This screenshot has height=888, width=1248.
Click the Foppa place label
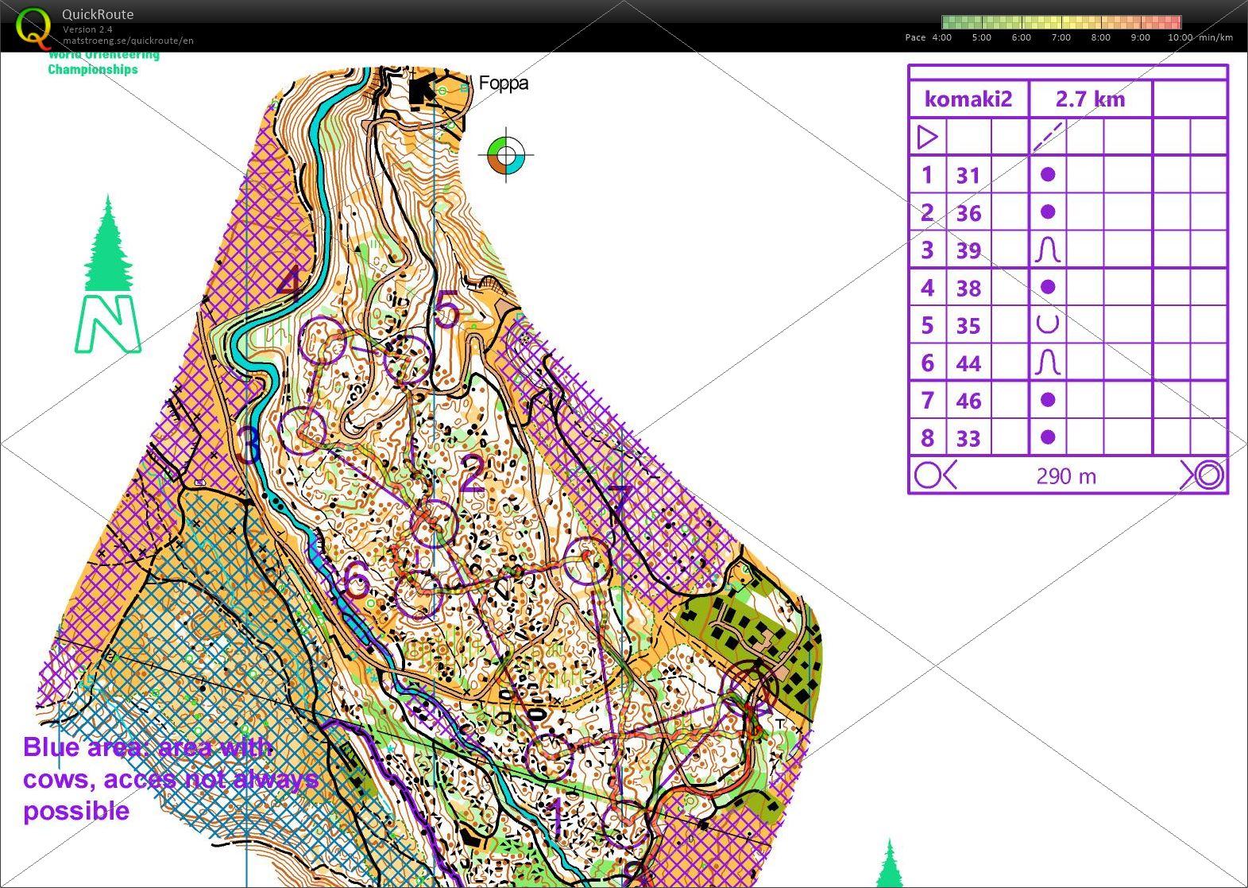click(x=503, y=83)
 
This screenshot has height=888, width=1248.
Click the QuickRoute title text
click(x=98, y=14)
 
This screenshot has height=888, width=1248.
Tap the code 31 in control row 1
click(x=968, y=175)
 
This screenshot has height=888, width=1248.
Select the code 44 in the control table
click(x=968, y=363)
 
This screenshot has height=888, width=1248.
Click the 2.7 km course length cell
click(x=1090, y=99)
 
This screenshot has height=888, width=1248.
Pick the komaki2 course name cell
click(x=968, y=99)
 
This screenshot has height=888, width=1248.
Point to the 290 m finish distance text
click(x=1066, y=476)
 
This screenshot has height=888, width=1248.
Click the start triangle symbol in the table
click(x=927, y=138)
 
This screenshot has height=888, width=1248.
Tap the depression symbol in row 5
click(x=1048, y=324)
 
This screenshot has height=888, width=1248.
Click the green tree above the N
click(x=108, y=246)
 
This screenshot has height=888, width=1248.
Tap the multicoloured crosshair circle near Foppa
click(x=507, y=155)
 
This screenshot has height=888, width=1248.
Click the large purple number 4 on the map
click(x=292, y=284)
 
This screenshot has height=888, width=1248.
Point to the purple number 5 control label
click(x=446, y=309)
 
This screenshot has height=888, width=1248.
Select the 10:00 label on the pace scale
click(x=1180, y=37)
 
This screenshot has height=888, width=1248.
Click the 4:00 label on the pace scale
click(x=941, y=37)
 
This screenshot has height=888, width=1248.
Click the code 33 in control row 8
click(x=968, y=438)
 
